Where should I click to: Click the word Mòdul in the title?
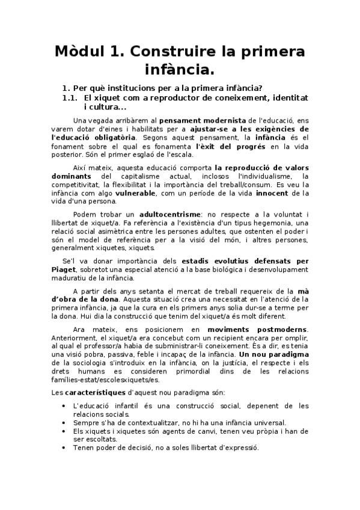tap(81, 52)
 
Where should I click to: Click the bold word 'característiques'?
tap(98, 392)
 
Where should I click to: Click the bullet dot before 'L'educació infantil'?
tap(64, 406)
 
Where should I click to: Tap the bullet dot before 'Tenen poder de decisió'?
tap(64, 447)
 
